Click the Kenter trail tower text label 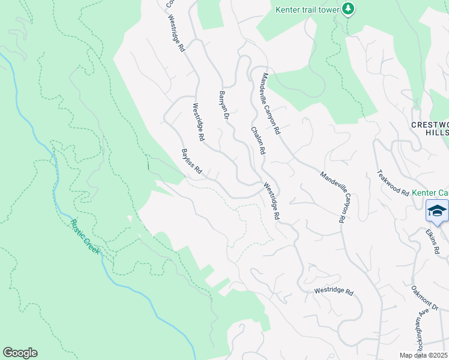tap(307, 9)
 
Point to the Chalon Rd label tap(258, 140)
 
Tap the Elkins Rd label tap(433, 239)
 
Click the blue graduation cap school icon tap(437, 211)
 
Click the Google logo tap(20, 352)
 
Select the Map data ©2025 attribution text tap(423, 355)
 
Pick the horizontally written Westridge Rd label tap(333, 291)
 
